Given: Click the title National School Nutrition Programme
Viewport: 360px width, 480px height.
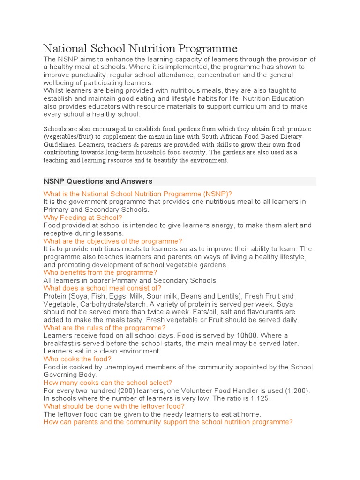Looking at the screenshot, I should pos(140,48).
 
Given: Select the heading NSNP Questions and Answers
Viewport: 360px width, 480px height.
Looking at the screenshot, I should pos(97,181).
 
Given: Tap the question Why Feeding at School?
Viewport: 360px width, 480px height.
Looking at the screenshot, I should pos(82,217).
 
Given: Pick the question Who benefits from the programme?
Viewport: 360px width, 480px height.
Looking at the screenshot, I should pos(100,272).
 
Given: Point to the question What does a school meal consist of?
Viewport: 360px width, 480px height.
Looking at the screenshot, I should pos(102,288).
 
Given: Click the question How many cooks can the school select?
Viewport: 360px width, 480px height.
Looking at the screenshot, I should pos(107,382).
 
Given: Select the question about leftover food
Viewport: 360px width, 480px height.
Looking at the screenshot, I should pos(114,406).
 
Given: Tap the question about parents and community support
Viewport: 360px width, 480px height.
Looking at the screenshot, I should pos(168,422).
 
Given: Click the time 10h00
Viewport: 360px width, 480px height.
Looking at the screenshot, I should pos(233,336).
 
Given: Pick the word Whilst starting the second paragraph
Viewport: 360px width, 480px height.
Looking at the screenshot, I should pos(54,90).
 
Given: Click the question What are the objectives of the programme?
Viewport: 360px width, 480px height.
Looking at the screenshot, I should pos(112,241).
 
